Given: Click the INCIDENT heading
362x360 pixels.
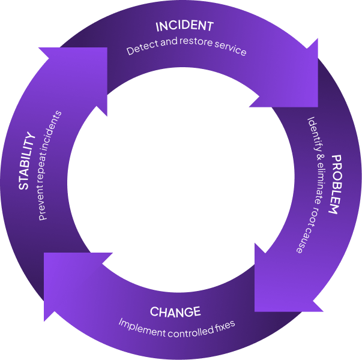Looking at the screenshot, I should point(184,26).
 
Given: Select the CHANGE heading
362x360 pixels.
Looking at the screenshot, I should point(175,312).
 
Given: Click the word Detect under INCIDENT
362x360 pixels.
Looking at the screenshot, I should point(139,50).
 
